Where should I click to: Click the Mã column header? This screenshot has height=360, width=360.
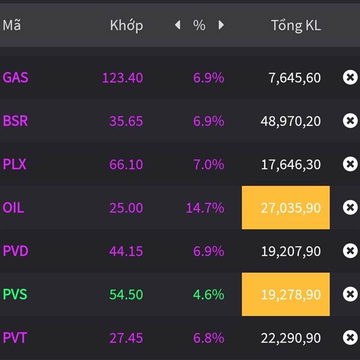[x=11, y=25]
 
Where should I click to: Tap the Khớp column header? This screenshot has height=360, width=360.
[x=126, y=25]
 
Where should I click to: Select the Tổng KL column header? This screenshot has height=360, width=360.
[x=295, y=25]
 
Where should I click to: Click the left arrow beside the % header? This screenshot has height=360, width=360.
[x=178, y=25]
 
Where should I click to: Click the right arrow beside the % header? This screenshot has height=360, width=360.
[x=221, y=25]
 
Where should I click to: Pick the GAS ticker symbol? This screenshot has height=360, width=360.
[x=16, y=77]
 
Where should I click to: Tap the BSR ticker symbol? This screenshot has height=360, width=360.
[x=16, y=121]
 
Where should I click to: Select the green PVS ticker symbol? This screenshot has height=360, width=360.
[x=16, y=295]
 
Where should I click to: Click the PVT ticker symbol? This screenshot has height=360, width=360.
[x=15, y=338]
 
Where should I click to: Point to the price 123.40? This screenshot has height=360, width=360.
[x=122, y=77]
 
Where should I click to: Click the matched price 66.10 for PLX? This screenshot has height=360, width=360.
[x=126, y=164]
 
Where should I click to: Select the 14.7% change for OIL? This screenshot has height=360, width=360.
[x=205, y=208]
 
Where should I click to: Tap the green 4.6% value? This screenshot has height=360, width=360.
[x=208, y=295]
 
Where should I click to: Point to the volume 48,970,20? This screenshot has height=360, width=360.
[x=290, y=121]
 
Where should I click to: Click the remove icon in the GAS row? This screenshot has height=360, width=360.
[x=350, y=77]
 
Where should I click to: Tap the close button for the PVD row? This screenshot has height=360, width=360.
[x=350, y=251]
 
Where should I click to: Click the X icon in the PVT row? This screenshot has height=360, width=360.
[x=350, y=338]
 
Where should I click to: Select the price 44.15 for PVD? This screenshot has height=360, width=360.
[x=126, y=251]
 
